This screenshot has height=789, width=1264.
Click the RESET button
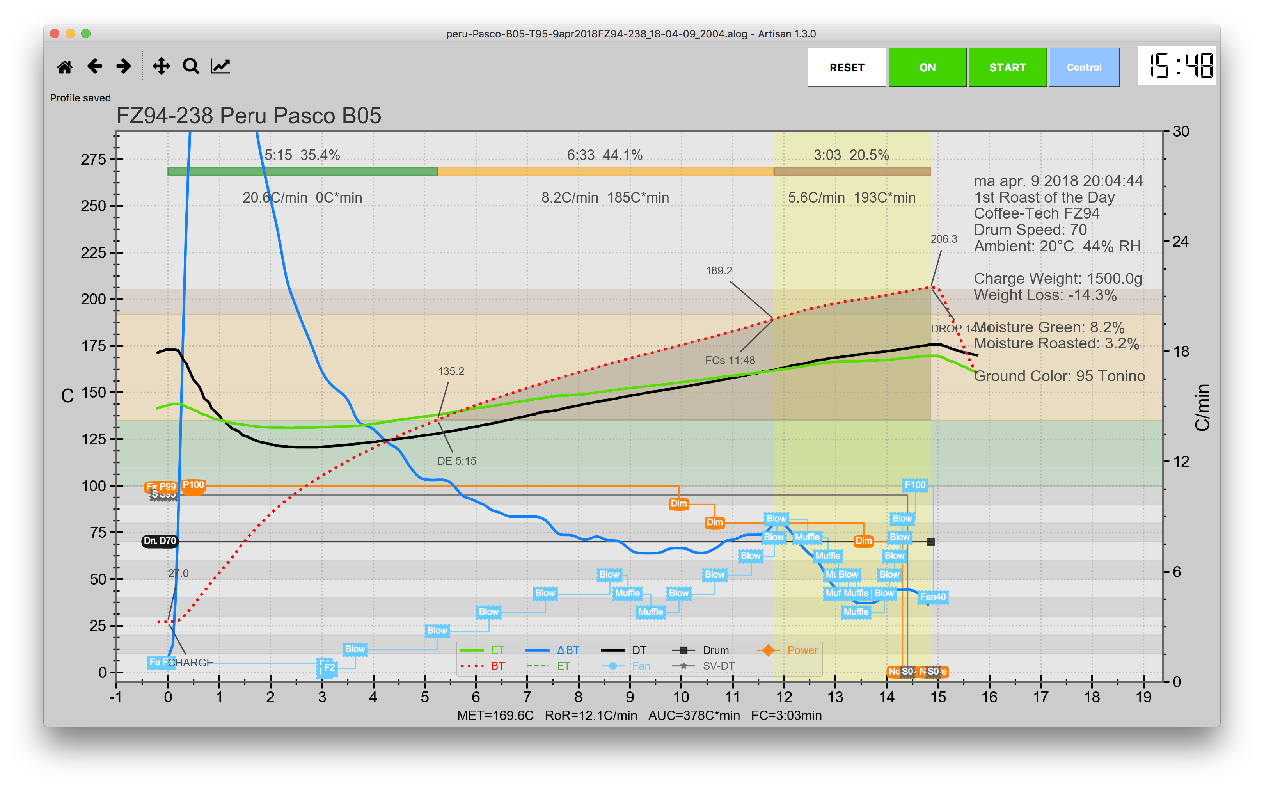(x=846, y=68)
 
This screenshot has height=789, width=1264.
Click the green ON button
(x=927, y=68)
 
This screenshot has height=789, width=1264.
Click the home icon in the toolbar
(x=65, y=67)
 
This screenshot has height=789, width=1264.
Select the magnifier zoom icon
(x=191, y=66)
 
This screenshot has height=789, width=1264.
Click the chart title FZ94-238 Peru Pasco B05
(x=249, y=116)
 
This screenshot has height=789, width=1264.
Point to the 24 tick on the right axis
(x=1181, y=241)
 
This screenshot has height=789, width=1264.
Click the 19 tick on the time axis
(x=1143, y=697)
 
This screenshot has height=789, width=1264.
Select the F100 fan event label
(x=915, y=485)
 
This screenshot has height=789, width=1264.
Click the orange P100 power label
(x=193, y=485)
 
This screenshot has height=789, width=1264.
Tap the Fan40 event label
(x=933, y=597)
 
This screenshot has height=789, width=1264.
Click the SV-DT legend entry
(x=718, y=666)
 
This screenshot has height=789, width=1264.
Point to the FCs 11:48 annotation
(x=730, y=360)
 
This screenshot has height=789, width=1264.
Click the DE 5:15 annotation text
(x=456, y=461)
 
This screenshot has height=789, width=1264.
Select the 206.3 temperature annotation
(x=944, y=239)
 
